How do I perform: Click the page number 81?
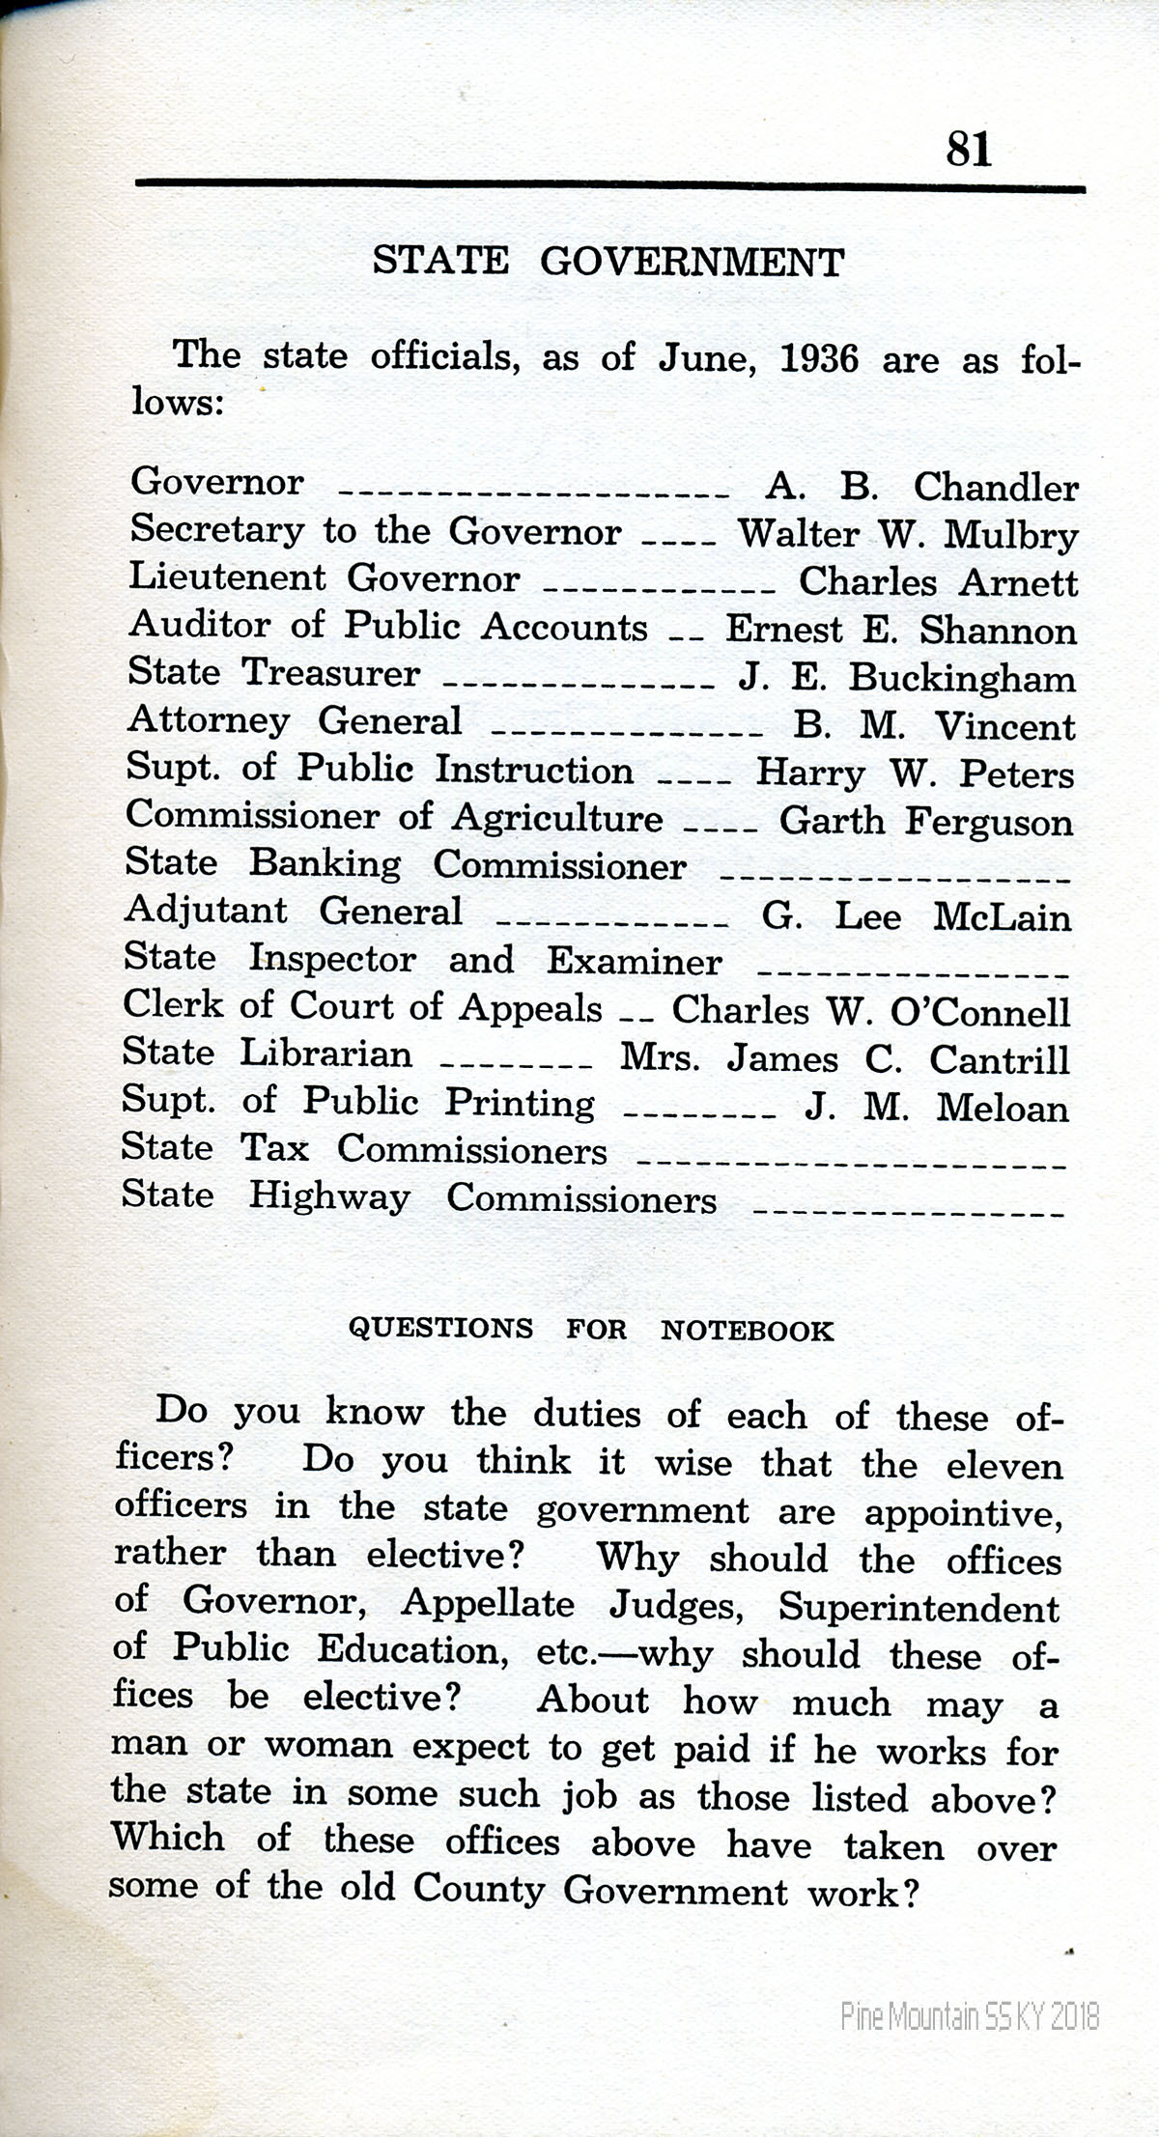[x=969, y=150]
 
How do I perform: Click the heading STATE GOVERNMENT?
[x=608, y=262]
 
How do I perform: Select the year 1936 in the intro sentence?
[x=818, y=359]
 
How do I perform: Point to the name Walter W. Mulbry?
[x=908, y=535]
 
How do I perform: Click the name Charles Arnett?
[x=938, y=582]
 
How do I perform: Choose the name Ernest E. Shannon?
[x=900, y=630]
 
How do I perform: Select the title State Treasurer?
[x=274, y=673]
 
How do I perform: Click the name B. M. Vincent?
[x=934, y=725]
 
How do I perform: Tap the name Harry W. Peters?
[x=915, y=773]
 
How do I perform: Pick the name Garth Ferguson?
[x=926, y=821]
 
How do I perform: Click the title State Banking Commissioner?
[x=406, y=864]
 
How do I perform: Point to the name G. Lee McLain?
[x=917, y=915]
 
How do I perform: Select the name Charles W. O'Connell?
[x=871, y=1011]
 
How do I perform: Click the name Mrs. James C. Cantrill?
[x=845, y=1059]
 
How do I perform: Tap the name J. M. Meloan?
[x=936, y=1108]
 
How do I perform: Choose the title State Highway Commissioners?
[x=418, y=1198]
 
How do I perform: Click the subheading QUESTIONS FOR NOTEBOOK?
[x=590, y=1330]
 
